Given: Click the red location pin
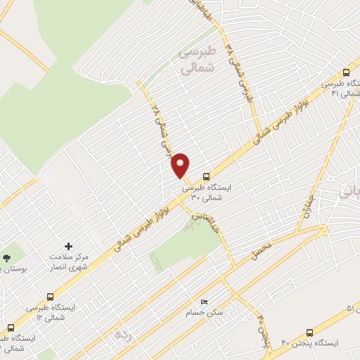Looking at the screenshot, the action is [181, 165].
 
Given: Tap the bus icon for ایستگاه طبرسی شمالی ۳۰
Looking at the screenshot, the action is [206, 176].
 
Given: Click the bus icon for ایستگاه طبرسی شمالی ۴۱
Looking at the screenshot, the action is [345, 72].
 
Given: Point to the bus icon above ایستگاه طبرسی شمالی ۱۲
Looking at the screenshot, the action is [50, 297].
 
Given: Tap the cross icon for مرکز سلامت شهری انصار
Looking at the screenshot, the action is [68, 246].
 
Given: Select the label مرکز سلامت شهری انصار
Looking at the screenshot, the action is [67, 262].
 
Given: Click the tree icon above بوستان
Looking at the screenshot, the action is [6, 258].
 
